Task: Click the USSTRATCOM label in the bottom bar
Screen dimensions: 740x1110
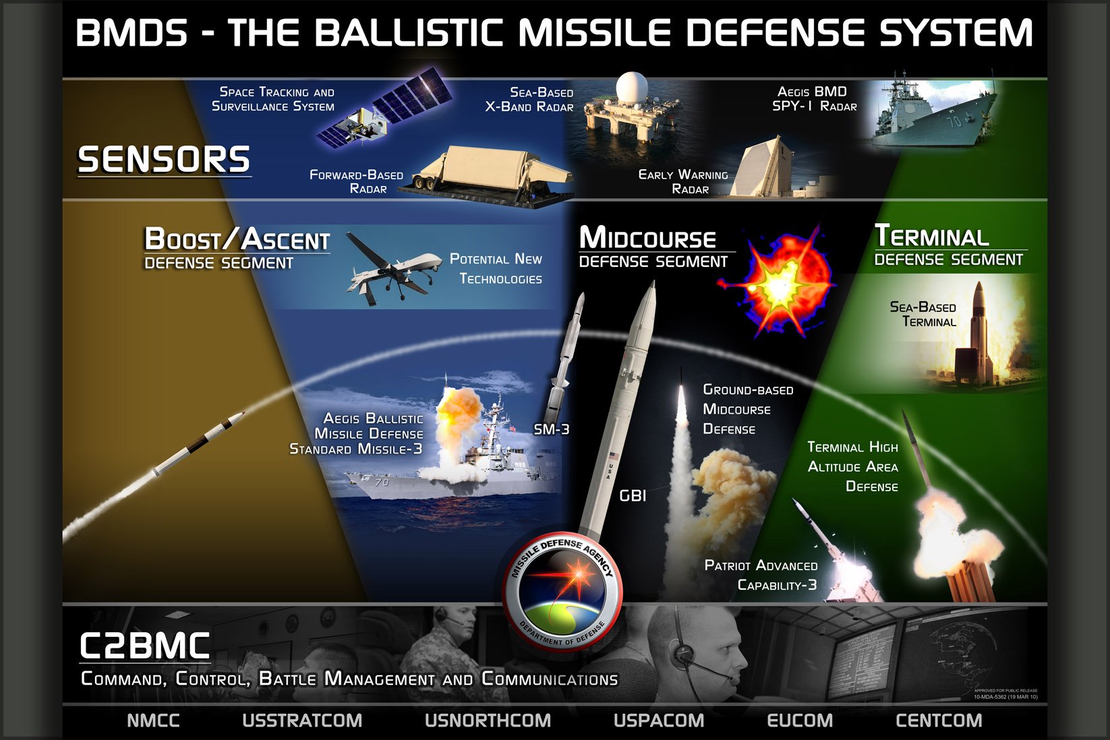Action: click(x=301, y=720)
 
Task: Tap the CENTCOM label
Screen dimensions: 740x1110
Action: click(x=938, y=720)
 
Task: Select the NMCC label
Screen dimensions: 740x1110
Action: click(x=153, y=720)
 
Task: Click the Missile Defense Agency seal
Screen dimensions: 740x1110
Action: click(x=561, y=592)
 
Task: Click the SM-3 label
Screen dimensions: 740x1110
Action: click(x=551, y=429)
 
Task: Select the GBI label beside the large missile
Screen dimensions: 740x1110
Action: click(x=633, y=496)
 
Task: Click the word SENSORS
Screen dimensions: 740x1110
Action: click(x=164, y=160)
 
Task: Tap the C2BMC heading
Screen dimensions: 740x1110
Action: click(x=145, y=646)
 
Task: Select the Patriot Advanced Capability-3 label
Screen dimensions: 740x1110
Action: click(x=761, y=575)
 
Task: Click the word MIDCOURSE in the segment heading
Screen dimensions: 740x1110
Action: click(x=647, y=238)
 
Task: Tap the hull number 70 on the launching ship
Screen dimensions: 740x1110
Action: click(x=382, y=482)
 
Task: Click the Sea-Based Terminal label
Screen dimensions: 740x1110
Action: click(x=923, y=314)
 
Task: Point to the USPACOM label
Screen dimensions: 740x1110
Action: click(x=658, y=720)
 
